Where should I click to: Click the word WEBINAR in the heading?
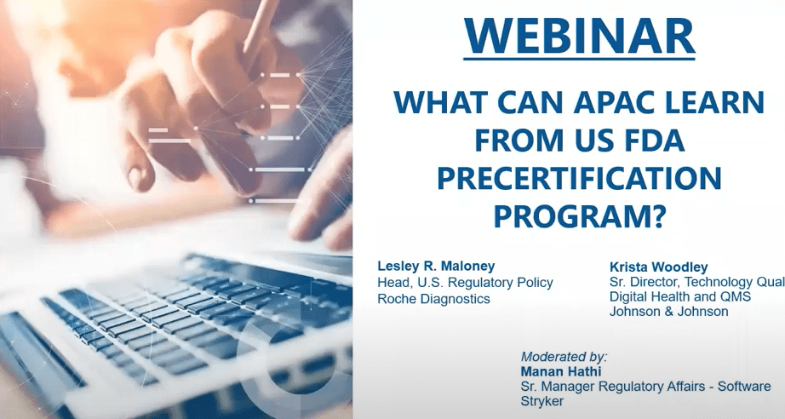(x=579, y=37)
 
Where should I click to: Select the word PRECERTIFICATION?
(x=579, y=178)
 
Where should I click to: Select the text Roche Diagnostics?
(x=433, y=299)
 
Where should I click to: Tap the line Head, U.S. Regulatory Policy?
(x=465, y=283)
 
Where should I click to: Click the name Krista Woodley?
(x=658, y=267)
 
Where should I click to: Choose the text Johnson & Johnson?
(x=668, y=312)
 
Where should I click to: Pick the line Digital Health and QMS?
(x=680, y=296)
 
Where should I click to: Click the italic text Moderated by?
(x=564, y=357)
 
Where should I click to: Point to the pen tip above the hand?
(x=246, y=54)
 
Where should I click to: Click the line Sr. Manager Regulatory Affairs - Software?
(x=646, y=387)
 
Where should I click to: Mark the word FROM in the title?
(x=514, y=141)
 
